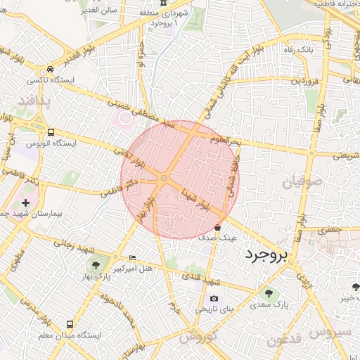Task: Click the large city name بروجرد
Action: pyautogui.click(x=270, y=257)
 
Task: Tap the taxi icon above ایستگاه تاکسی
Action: pyautogui.click(x=50, y=70)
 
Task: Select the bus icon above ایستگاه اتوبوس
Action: pyautogui.click(x=51, y=132)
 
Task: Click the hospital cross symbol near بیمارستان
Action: pyautogui.click(x=27, y=202)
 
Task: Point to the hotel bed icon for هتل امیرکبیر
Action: pyautogui.click(x=133, y=257)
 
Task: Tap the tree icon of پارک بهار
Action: pyautogui.click(x=95, y=265)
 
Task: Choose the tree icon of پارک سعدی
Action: pyautogui.click(x=268, y=293)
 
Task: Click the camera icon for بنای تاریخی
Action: pyautogui.click(x=214, y=299)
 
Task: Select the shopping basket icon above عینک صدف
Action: pyautogui.click(x=217, y=228)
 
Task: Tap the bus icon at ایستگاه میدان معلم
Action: pyautogui.click(x=70, y=324)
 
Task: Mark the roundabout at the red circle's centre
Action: pyautogui.click(x=164, y=179)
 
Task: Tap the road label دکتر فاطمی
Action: pyautogui.click(x=117, y=188)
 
